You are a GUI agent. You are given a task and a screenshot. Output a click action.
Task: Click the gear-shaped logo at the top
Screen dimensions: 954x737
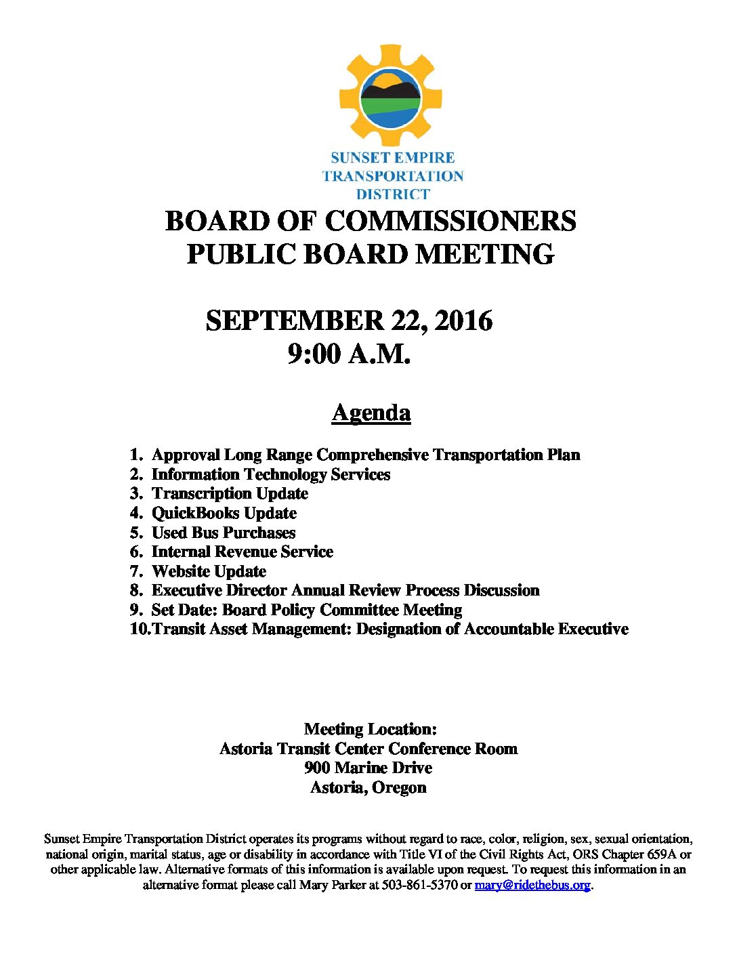(389, 96)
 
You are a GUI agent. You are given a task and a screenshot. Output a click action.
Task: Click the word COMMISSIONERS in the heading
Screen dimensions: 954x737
(450, 222)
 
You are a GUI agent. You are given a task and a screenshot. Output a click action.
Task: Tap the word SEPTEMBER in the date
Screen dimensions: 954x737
(295, 320)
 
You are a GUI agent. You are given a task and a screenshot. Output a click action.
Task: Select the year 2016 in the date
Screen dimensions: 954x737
(463, 320)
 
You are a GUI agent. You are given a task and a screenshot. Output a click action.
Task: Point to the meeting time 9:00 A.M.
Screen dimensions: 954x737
(349, 354)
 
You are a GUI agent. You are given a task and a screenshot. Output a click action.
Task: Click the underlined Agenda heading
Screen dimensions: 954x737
(371, 413)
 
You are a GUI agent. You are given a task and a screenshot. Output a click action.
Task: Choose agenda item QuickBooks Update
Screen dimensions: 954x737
(224, 513)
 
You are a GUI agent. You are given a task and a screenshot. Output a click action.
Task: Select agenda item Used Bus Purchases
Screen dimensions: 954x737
(224, 533)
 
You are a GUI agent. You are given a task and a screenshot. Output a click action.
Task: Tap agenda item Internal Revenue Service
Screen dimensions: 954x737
(242, 552)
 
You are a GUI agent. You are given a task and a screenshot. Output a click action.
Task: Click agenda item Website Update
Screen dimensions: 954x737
(209, 571)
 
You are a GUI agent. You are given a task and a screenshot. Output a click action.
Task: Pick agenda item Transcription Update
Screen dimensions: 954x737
(230, 493)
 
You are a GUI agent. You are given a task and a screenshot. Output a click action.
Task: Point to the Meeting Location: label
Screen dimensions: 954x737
(370, 729)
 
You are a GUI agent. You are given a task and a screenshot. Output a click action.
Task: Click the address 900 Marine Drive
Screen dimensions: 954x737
(368, 768)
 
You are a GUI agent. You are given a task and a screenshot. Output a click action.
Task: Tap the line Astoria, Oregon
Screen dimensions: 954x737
(368, 787)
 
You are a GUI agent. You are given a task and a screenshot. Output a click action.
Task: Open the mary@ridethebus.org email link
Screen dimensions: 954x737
(532, 885)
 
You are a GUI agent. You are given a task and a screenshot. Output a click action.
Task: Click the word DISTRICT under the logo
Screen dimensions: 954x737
(393, 194)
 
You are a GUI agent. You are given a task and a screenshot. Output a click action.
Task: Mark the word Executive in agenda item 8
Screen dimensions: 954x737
(186, 590)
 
